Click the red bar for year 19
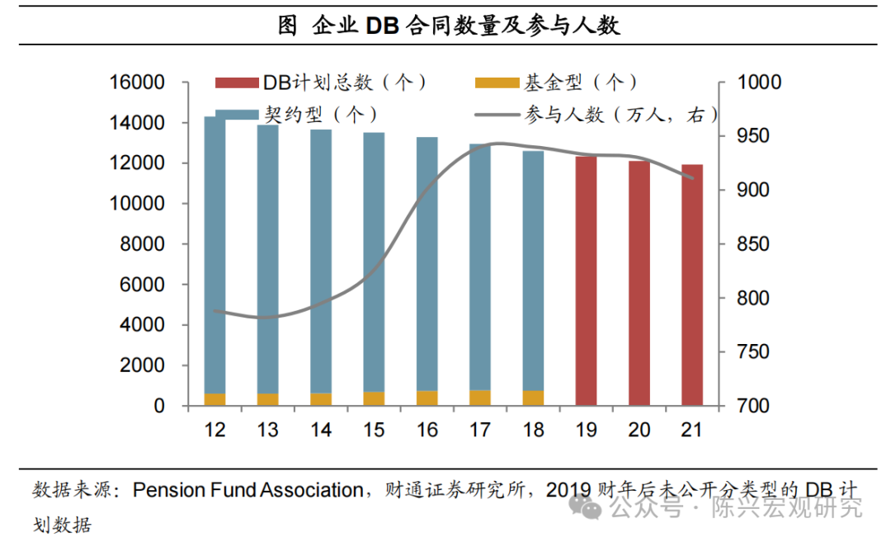point(587,280)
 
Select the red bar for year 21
point(692,285)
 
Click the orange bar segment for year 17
point(480,398)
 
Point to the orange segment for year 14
point(321,399)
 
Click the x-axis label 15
point(374,431)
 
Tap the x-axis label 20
point(639,431)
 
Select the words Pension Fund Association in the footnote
point(247,491)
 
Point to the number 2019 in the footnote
point(568,491)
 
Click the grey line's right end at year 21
point(693,177)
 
